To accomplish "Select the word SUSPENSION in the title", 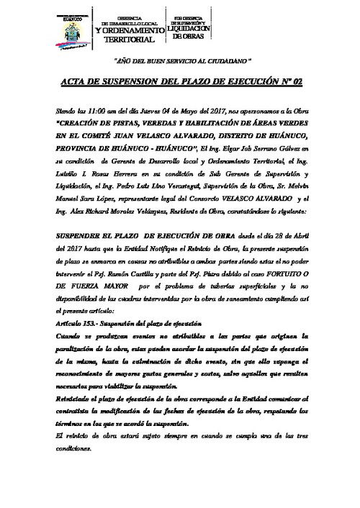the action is (134, 84).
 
